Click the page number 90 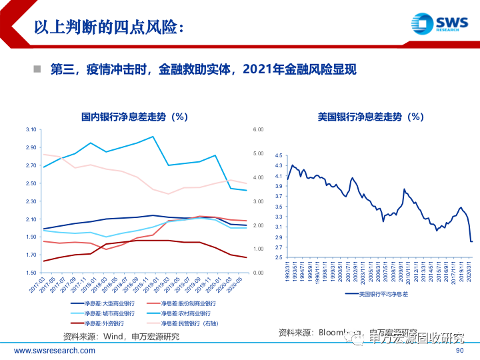point(459,351)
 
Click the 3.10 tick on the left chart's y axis point(30,129)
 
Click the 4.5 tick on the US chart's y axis point(279,155)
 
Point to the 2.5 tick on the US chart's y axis point(279,257)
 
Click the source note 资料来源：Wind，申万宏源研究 point(120,336)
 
